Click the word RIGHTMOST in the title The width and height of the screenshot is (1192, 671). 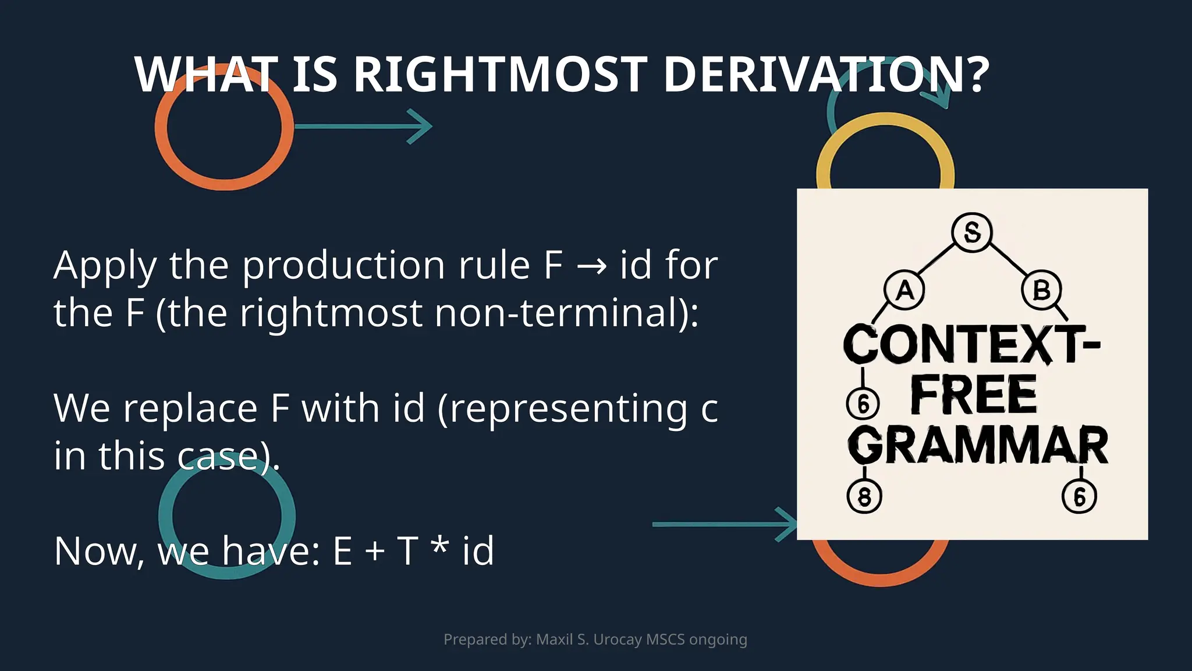coord(500,75)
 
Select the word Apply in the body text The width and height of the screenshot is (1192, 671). coord(105,266)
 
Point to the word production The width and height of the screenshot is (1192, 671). coord(344,266)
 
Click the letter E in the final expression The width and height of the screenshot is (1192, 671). coord(342,551)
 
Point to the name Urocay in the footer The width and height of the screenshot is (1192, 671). coord(618,640)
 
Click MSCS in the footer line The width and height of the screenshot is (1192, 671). coord(665,640)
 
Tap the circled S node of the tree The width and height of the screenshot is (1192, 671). coord(971,232)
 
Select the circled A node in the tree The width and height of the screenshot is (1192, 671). coord(904,289)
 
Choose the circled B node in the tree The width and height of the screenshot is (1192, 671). coord(1041,289)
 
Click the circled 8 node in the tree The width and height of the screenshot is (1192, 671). coord(864,497)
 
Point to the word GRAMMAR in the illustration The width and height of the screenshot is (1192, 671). coord(978,446)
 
